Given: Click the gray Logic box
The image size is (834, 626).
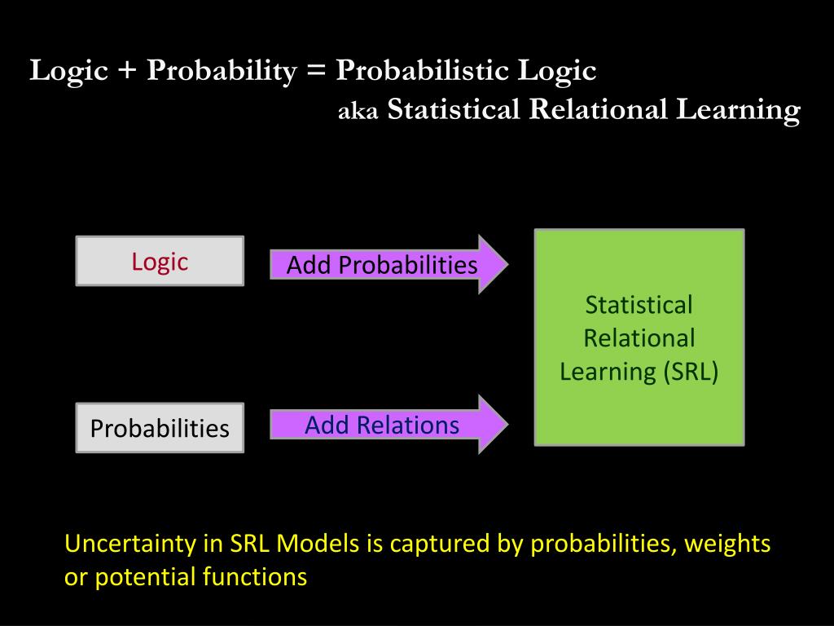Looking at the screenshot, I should [x=160, y=261].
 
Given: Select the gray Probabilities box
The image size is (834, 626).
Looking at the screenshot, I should [x=160, y=428].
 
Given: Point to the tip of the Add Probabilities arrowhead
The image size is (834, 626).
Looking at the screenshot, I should [x=507, y=264].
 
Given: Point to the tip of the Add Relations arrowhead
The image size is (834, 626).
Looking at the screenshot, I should [x=507, y=424].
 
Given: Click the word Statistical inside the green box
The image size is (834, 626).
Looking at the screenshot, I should [x=639, y=305].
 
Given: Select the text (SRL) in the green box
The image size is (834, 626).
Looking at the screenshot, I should [x=691, y=372].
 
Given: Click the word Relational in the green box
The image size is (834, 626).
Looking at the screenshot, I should [x=639, y=338].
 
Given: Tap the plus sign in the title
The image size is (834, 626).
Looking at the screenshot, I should [x=128, y=72].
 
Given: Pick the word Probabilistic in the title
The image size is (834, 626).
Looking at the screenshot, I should [x=423, y=72].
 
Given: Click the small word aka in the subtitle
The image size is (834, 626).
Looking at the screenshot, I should [x=358, y=112].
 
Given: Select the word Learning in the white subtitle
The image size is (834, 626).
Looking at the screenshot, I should [x=738, y=109].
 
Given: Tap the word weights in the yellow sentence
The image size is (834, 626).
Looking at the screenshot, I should [x=727, y=544].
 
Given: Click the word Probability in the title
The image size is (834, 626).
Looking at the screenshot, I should [x=222, y=72].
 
